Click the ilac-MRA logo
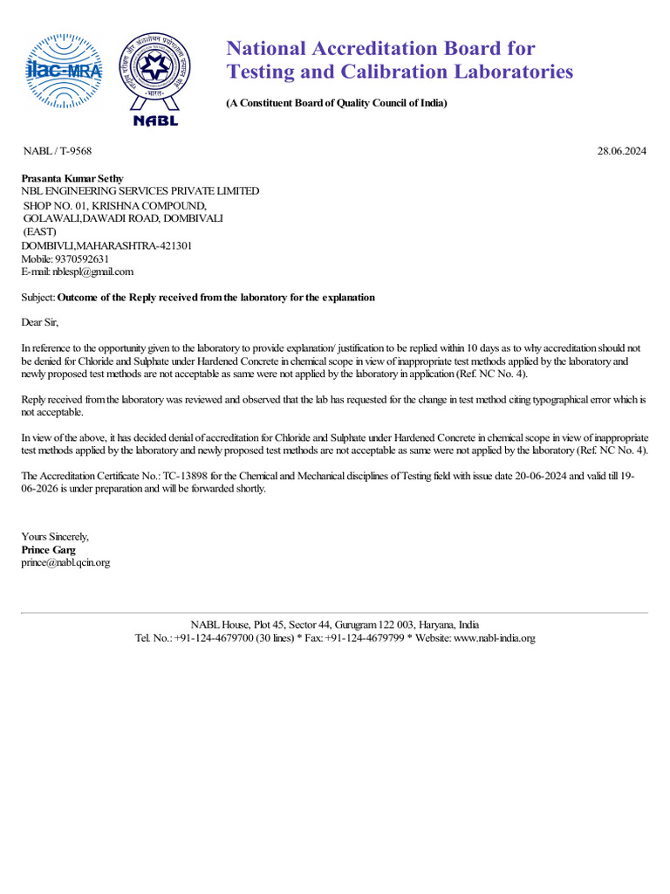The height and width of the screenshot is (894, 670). pos(66,73)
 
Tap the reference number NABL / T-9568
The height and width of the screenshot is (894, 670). pos(57,151)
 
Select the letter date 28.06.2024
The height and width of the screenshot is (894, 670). pos(622,151)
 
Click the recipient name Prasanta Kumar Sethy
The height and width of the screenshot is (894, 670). pos(72,179)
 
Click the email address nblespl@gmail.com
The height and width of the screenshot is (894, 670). pos(92,272)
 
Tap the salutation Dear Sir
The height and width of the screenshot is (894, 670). pos(39,322)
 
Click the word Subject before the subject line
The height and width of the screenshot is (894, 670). pos(38,298)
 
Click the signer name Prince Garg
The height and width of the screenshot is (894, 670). pos(48,550)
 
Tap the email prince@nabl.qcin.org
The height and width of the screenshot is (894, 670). pos(65,563)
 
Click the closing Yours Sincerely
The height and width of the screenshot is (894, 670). pos(55,537)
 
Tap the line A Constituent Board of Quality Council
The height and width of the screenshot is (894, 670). pos(337,103)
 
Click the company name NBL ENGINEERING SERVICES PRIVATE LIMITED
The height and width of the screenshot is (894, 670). pos(140,191)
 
